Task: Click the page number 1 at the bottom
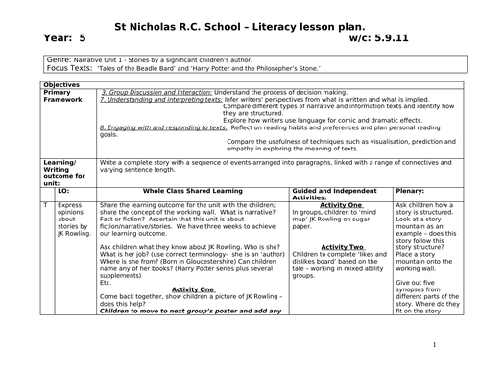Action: click(x=434, y=346)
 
